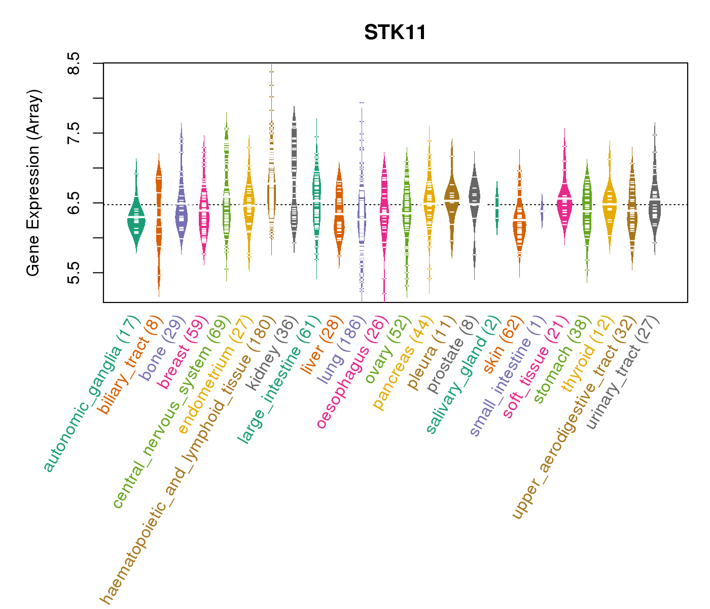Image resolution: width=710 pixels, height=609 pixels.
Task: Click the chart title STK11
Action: (x=395, y=33)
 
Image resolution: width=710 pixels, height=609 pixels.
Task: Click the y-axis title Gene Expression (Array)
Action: (x=33, y=183)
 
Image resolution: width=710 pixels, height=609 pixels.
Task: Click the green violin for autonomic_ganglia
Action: (x=136, y=218)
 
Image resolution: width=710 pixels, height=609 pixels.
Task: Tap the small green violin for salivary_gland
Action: (x=497, y=208)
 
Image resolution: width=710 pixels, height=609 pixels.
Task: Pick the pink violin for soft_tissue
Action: (x=564, y=203)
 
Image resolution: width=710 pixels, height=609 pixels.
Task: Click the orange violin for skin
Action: (x=519, y=223)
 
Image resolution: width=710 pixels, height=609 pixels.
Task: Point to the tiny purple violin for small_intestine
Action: (x=542, y=211)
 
